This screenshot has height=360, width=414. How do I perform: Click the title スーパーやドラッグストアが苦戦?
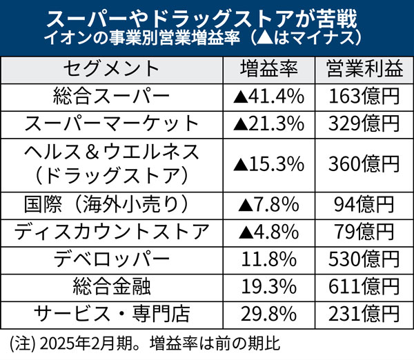(207, 16)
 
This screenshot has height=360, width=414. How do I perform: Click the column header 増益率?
(268, 69)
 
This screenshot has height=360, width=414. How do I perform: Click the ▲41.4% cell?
(269, 97)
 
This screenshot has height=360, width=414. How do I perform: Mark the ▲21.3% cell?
(269, 124)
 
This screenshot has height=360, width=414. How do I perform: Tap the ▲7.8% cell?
(269, 204)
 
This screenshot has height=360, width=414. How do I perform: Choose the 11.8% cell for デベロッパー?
(269, 258)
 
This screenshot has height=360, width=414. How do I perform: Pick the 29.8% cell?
(269, 312)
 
